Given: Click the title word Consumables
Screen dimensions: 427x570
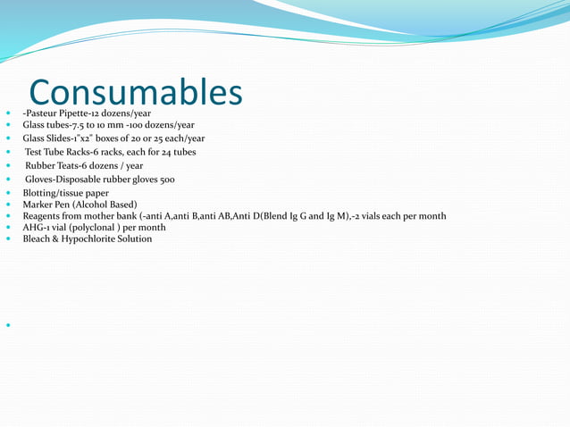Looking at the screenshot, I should (135, 92).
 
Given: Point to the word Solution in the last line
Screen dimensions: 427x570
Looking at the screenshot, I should (134, 239).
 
